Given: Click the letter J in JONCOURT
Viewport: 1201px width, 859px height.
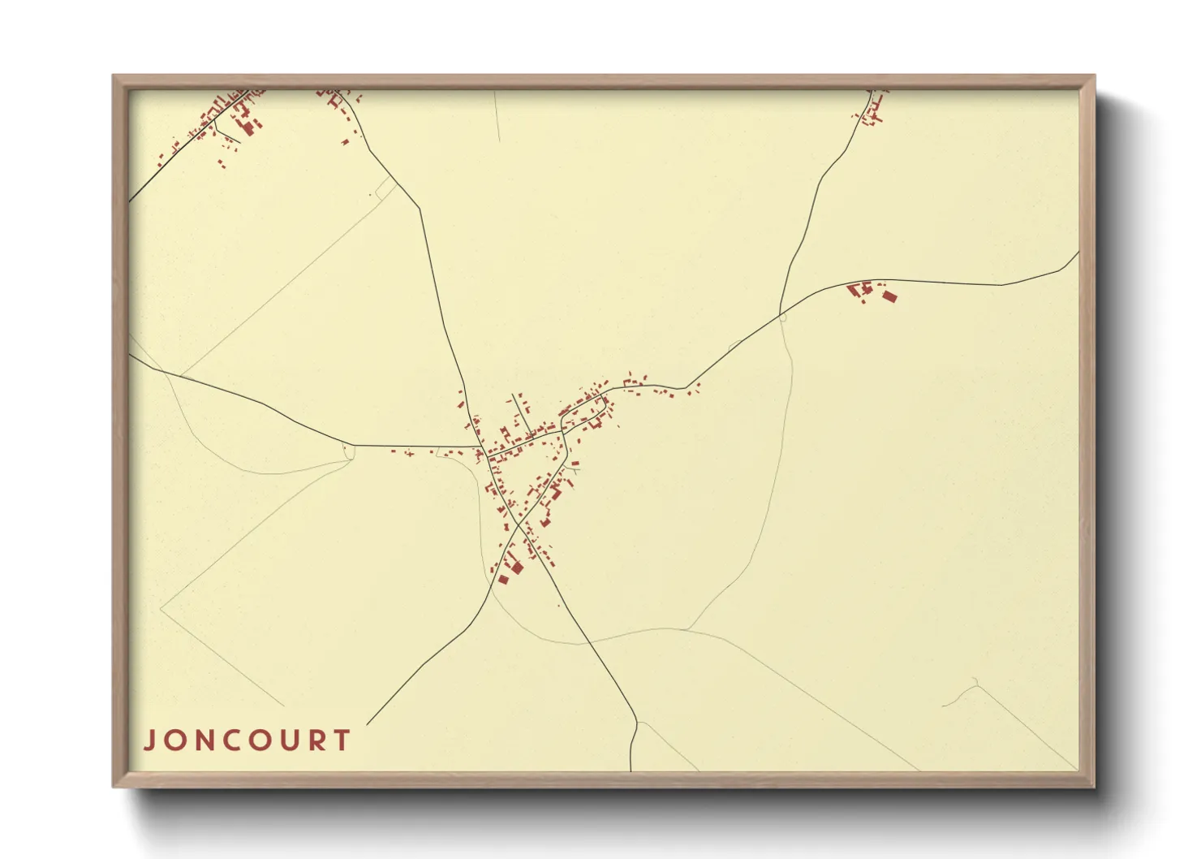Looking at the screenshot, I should point(150,740).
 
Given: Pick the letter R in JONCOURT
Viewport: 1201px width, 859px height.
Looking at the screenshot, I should point(315,740).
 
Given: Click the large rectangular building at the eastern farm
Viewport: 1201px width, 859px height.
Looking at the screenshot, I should point(889,296).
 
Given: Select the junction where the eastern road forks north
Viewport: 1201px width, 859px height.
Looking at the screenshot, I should point(781,313).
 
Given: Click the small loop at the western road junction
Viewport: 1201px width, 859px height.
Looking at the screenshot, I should point(349,451).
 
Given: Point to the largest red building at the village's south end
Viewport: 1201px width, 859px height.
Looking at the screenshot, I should point(517,567).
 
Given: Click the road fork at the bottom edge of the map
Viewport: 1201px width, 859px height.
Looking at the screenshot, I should point(635,723).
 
